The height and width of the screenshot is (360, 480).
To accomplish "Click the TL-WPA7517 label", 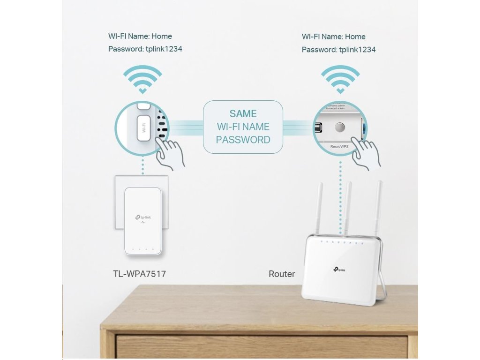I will coord(139,273).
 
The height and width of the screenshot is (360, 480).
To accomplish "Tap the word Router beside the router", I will coord(282,274).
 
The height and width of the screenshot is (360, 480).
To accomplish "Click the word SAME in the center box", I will coord(243,114).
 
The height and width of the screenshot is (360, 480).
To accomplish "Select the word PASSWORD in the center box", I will coord(243,140).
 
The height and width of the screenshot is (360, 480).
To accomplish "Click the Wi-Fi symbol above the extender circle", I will coord(142,79).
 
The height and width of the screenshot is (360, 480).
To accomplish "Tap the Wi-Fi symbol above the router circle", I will coord(340,79).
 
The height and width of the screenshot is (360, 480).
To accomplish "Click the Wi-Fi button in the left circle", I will coord(144,127).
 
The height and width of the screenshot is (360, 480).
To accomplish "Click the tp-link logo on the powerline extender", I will coord(143,217).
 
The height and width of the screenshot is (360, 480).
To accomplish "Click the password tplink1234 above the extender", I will coord(163,49).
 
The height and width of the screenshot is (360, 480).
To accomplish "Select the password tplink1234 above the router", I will coord(357,50).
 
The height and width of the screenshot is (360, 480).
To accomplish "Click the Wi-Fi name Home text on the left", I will coord(140,36).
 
